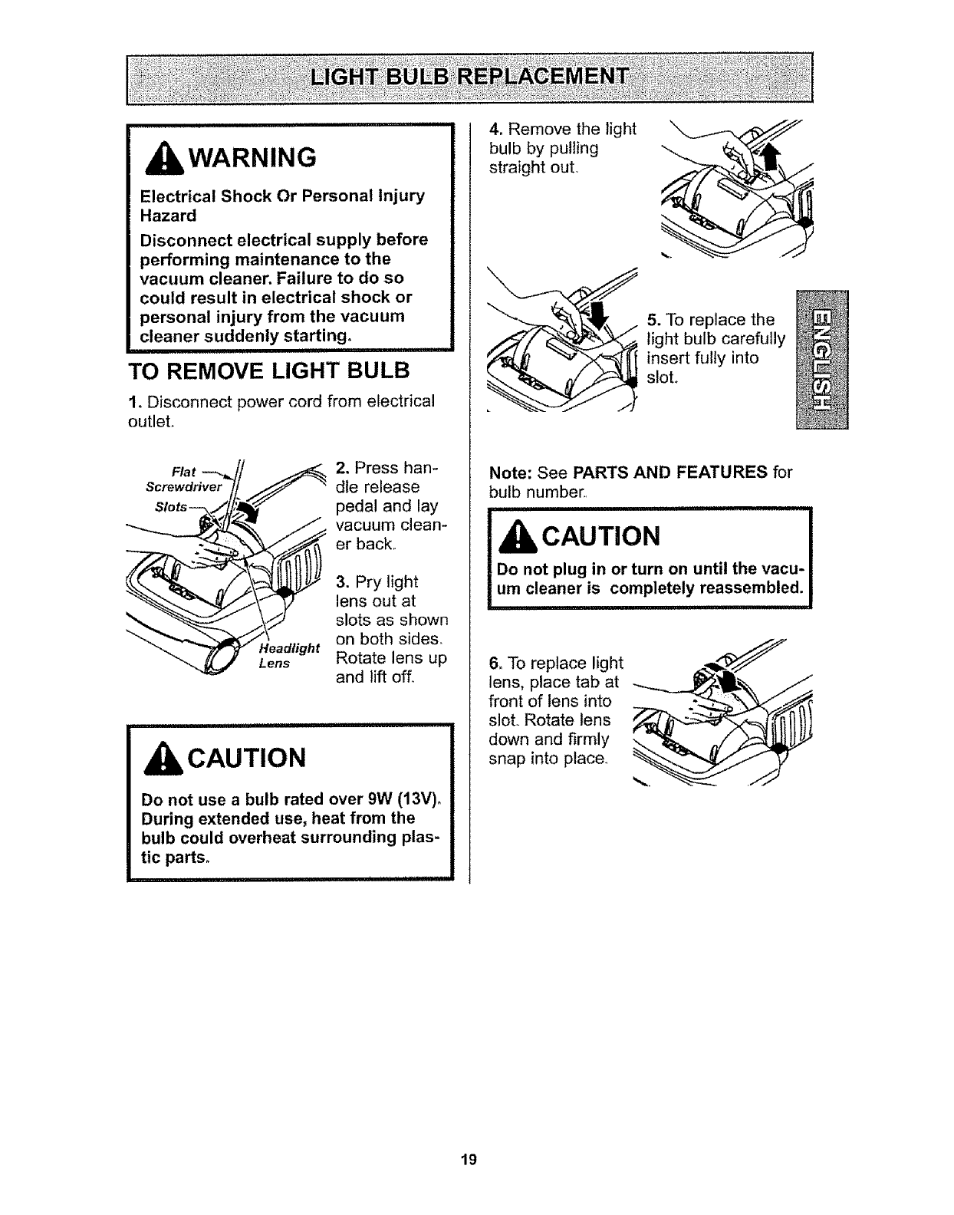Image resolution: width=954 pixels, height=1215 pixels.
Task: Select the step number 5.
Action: (x=653, y=319)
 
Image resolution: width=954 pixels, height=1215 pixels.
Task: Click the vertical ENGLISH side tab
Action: (x=821, y=361)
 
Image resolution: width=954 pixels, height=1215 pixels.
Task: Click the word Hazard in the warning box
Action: (x=168, y=216)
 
